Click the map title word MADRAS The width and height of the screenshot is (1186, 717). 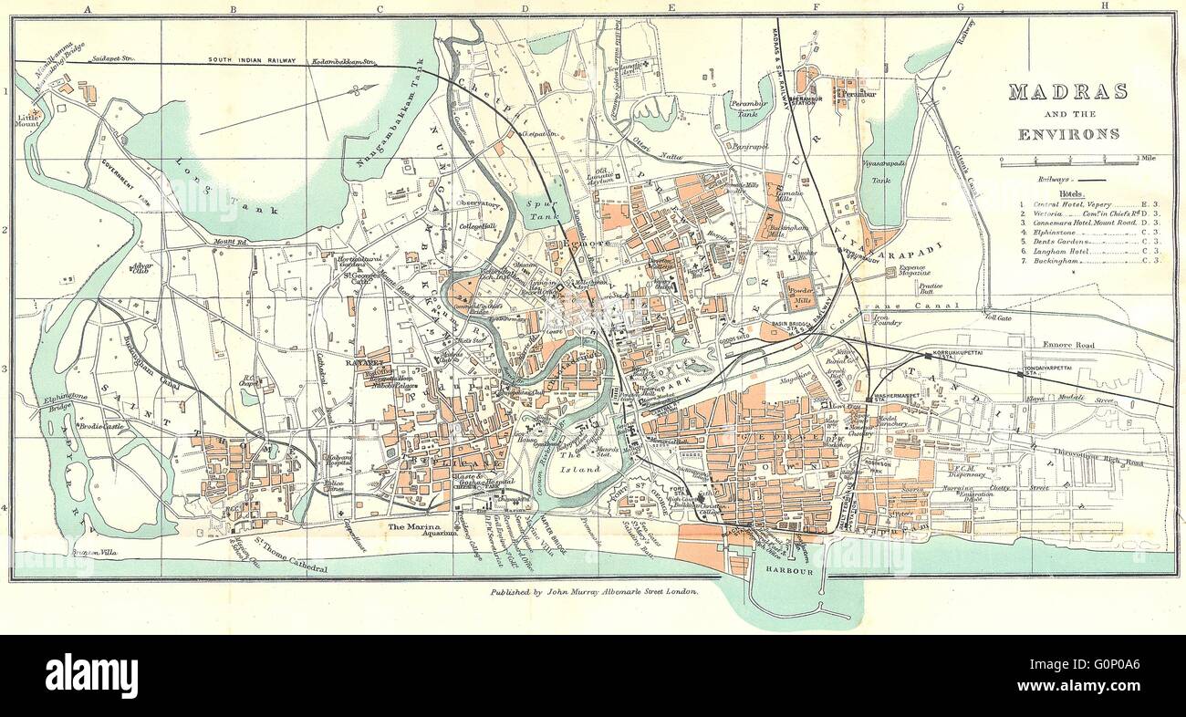(x=1067, y=92)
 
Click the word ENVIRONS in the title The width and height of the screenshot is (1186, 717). (x=1068, y=133)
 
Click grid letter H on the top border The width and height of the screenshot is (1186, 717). (x=1104, y=5)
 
